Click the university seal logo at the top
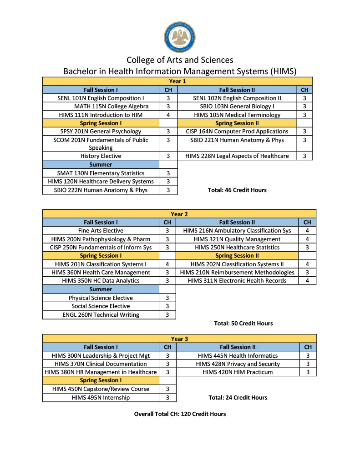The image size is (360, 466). click(179, 37)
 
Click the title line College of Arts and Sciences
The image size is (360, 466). click(180, 60)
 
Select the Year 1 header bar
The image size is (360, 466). click(177, 81)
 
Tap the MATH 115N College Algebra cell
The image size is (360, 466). click(101, 106)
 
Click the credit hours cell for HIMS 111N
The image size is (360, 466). click(168, 115)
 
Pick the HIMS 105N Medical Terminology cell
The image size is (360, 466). click(237, 115)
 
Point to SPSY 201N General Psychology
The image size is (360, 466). click(101, 132)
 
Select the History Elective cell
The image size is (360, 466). click(101, 156)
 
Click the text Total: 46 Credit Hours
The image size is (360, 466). click(237, 190)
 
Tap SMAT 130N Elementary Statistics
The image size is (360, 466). click(101, 173)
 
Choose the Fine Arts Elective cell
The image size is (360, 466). click(101, 231)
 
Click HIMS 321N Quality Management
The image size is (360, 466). click(237, 239)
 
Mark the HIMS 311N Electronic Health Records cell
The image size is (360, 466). click(237, 280)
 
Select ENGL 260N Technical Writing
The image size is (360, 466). click(101, 314)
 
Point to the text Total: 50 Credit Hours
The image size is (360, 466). click(243, 323)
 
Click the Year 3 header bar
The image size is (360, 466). click(179, 339)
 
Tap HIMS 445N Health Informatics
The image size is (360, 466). click(238, 355)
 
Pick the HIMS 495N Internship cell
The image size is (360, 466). click(101, 397)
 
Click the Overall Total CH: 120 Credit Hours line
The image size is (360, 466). click(180, 414)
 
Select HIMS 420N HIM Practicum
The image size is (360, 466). click(238, 372)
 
